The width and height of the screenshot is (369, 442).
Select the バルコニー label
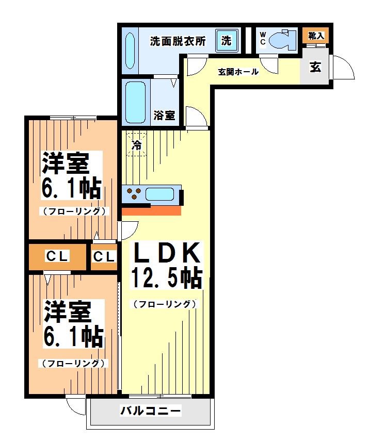coord(151,411)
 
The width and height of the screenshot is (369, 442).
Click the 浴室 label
coord(164,116)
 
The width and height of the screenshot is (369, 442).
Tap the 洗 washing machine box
coord(226,41)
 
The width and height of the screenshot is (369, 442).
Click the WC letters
coord(262,39)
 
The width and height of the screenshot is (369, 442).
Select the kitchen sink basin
coord(159,194)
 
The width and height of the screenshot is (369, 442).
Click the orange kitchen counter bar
coord(151,210)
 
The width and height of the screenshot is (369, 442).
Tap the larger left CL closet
coord(57,256)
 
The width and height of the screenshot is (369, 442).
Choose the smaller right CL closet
coord(104,256)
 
